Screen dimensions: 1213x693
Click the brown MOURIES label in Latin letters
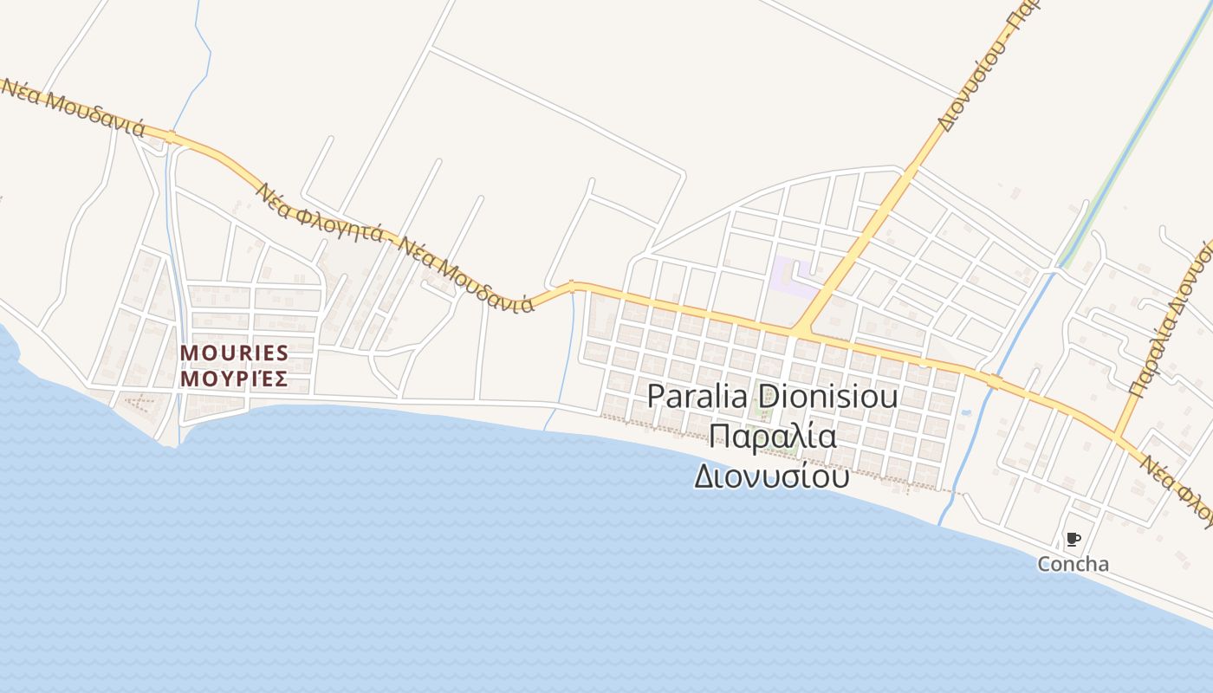click(234, 353)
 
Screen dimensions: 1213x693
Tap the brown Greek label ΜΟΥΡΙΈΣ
click(234, 379)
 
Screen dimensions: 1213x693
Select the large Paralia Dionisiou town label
click(772, 397)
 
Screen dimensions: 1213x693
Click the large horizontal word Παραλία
click(773, 436)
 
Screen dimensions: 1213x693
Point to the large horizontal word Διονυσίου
click(771, 476)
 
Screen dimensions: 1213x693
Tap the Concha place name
click(1073, 564)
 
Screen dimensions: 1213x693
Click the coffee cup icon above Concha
click(1073, 540)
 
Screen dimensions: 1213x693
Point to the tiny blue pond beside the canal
click(966, 412)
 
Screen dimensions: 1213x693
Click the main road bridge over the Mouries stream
click(171, 137)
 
